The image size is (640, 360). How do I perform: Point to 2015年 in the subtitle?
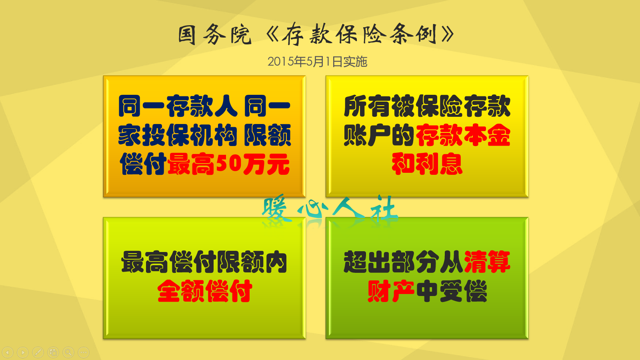(286, 62)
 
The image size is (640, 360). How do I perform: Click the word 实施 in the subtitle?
(355, 62)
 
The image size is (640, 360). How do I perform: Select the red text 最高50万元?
(228, 164)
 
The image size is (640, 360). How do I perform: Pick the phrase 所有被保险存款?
(427, 106)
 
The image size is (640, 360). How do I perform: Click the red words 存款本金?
(463, 135)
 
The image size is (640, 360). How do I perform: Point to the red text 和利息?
(427, 164)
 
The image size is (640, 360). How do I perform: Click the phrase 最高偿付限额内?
(204, 262)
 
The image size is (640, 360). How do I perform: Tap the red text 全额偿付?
(204, 291)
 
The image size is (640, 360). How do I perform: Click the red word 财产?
(391, 291)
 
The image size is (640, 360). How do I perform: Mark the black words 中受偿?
(452, 291)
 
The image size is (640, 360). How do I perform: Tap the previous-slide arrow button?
(8, 352)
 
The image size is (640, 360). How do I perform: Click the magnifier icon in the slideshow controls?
(68, 352)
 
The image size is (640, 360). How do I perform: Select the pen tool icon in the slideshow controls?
(38, 352)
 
